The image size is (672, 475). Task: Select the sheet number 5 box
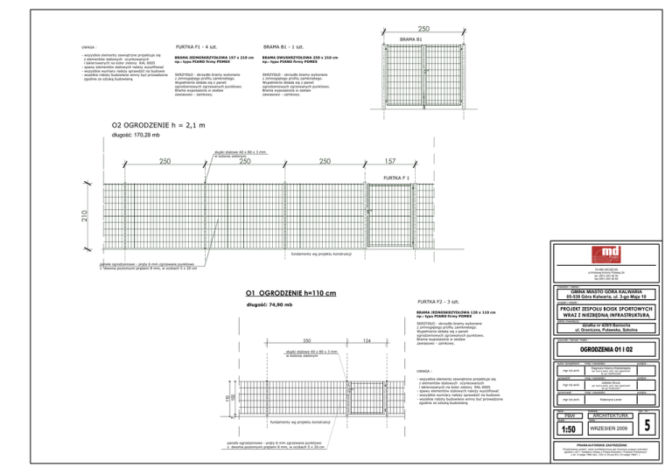click(646, 425)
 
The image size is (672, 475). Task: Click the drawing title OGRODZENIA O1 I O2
click(600, 350)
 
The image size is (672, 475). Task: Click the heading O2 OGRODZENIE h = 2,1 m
click(158, 125)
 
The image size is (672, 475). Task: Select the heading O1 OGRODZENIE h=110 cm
click(290, 292)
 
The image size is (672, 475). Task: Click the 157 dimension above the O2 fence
click(390, 161)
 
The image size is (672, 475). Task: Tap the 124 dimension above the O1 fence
click(367, 340)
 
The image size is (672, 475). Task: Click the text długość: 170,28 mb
click(136, 136)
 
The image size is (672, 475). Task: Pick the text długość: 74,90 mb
click(268, 304)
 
